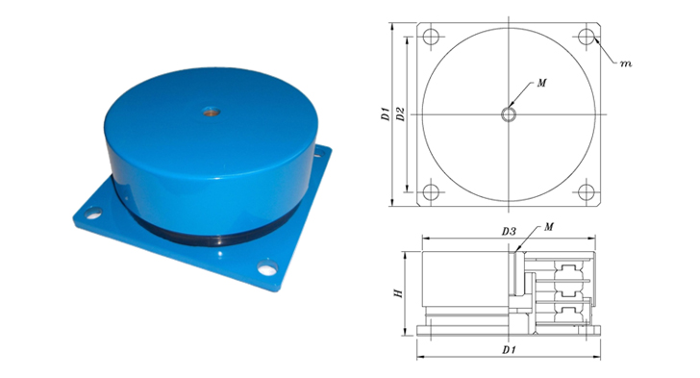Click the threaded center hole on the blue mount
pos(211,112)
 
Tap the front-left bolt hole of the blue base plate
pos(93,214)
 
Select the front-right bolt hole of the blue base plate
pos(267,268)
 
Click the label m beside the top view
pos(626,63)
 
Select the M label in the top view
pos(541,83)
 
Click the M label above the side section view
pos(549,227)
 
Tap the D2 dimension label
pos(400,113)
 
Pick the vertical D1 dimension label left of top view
pos(386,113)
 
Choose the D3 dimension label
pos(509,232)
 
